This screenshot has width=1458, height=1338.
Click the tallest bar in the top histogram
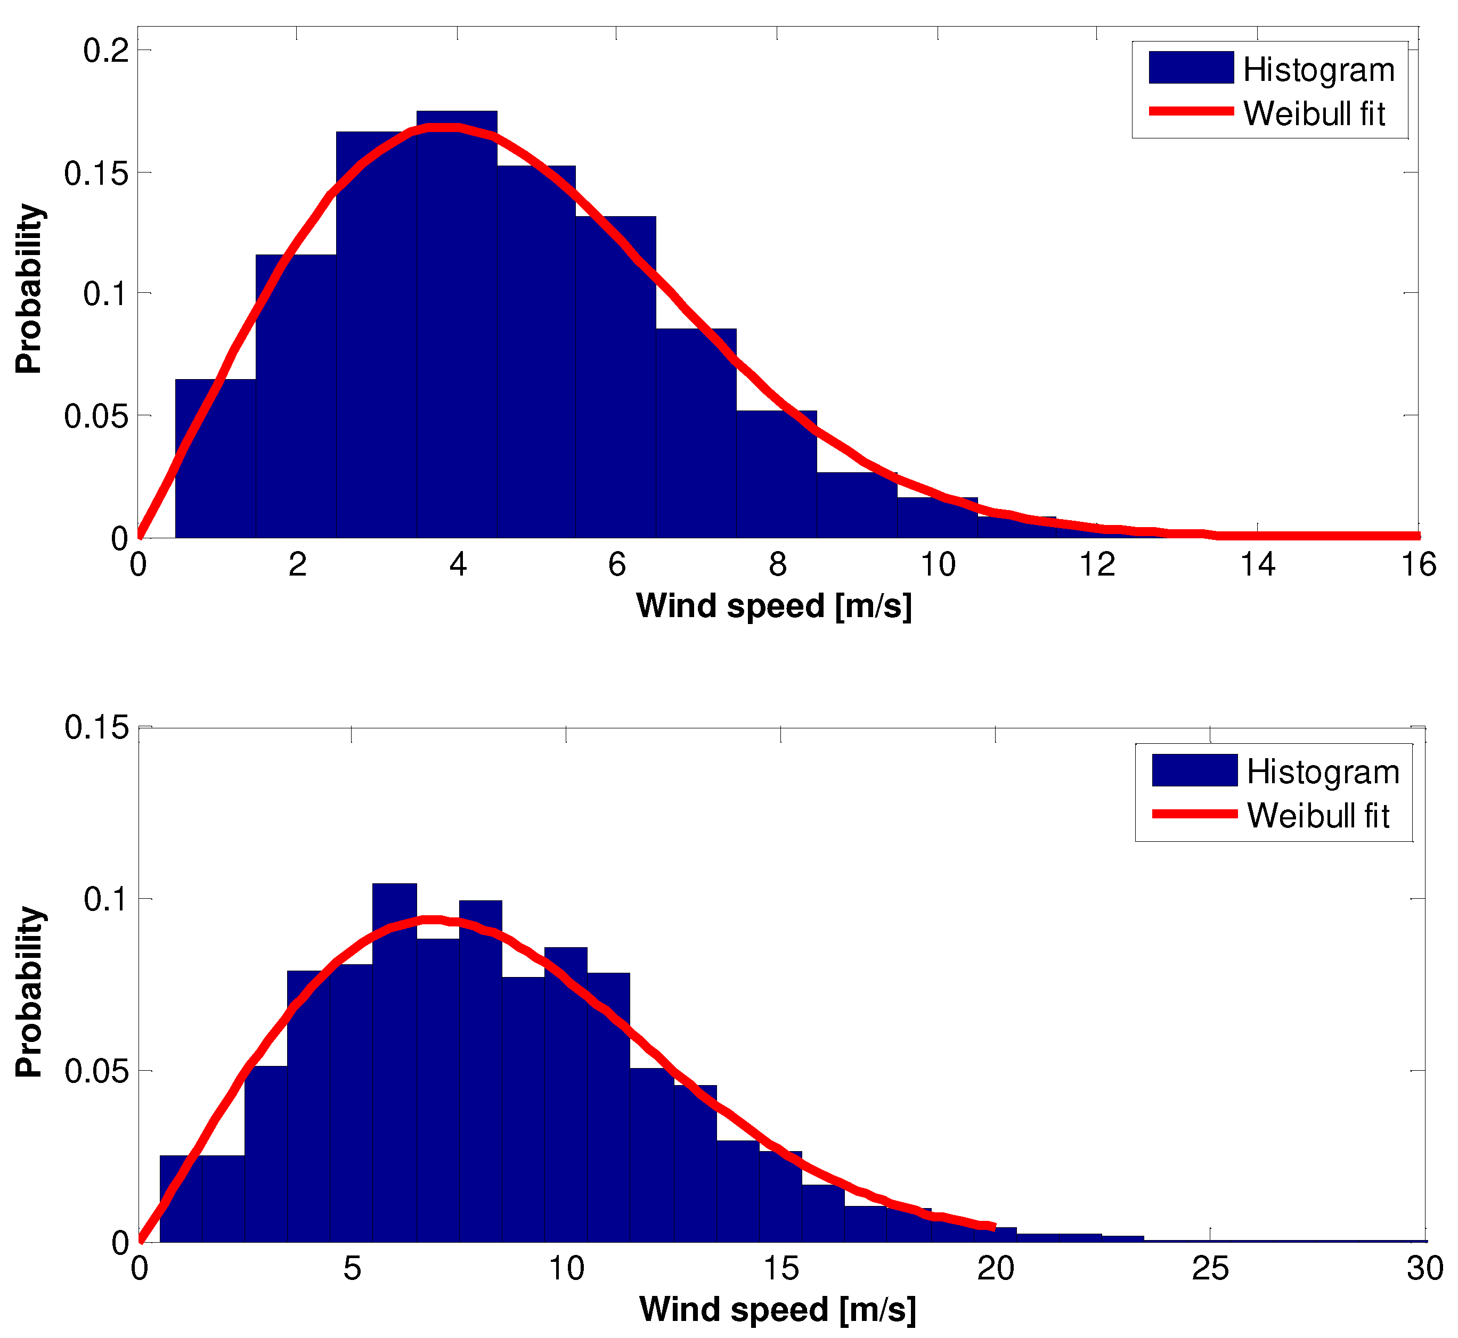point(457,326)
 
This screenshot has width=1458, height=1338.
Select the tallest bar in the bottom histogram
point(394,1064)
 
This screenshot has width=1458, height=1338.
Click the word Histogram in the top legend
point(1318,70)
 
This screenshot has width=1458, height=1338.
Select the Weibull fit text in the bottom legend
point(1318,816)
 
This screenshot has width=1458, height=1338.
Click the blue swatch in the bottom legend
point(1194,770)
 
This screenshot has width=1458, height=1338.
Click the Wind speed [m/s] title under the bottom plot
point(777,1309)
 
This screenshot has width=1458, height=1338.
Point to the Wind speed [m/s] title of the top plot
point(773,605)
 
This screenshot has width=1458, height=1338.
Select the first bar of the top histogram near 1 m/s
point(215,460)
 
